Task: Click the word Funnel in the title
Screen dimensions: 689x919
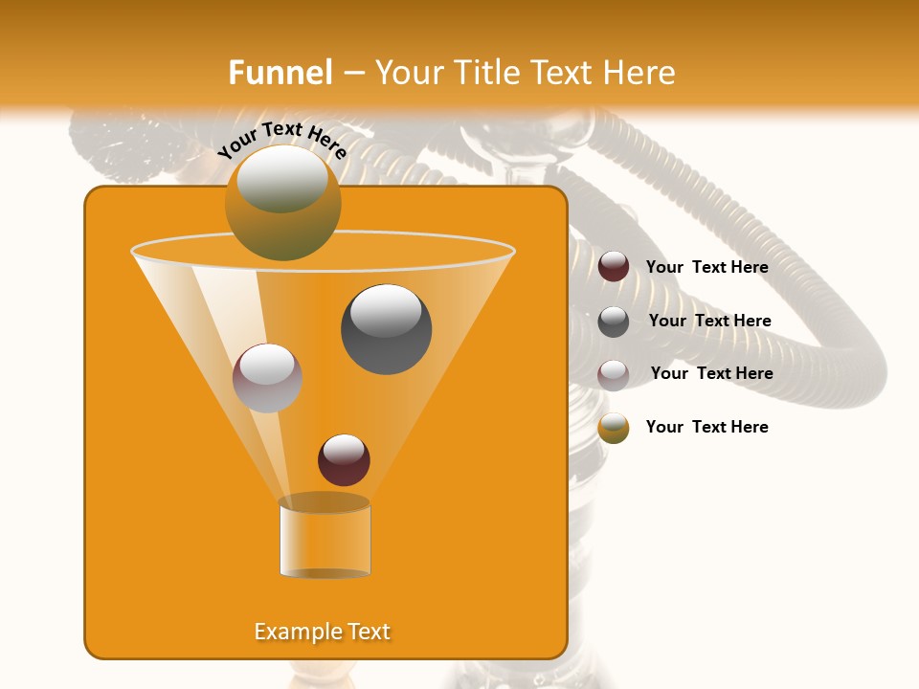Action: [x=280, y=73]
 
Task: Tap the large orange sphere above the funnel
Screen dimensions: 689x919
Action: [x=282, y=203]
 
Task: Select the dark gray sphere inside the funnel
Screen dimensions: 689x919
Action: [x=386, y=329]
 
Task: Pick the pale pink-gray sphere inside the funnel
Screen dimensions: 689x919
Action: [x=267, y=378]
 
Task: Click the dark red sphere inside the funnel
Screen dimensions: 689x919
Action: [x=344, y=460]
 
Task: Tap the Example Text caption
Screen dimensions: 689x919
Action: [x=323, y=632]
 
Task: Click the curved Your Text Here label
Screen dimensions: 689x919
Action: [x=281, y=140]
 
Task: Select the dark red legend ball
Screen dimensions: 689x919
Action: [x=614, y=267]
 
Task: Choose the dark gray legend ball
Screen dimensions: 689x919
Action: [x=614, y=322]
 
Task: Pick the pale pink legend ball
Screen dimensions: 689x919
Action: [x=614, y=375]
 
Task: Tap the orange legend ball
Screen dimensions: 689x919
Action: [x=614, y=428]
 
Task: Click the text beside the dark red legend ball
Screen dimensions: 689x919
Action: [x=706, y=267]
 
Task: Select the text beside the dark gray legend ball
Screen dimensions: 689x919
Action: [x=709, y=321]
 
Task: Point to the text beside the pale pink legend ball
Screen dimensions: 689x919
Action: [x=711, y=373]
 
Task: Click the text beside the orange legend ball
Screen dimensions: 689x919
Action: [x=706, y=427]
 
